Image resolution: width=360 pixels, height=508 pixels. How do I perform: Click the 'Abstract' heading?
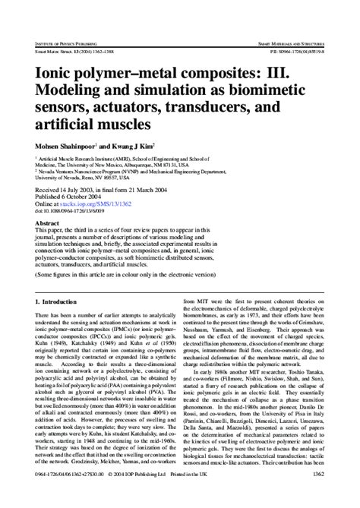[47, 225]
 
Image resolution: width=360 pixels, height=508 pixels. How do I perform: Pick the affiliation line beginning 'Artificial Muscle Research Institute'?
[137, 158]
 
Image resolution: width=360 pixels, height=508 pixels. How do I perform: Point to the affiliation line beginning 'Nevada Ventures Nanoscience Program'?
[137, 172]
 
